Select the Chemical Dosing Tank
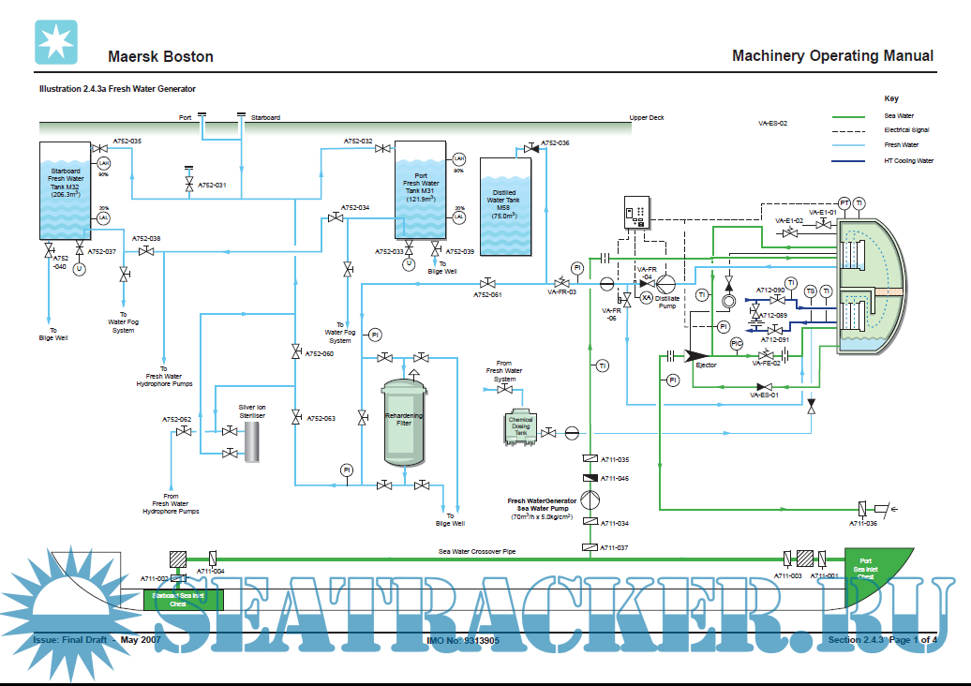point(521,426)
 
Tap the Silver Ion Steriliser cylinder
point(251,441)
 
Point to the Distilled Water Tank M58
point(505,205)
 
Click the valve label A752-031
point(212,186)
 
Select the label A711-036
point(862,523)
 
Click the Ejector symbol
point(698,355)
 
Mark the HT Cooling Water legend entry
point(908,161)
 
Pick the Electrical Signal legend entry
point(907,130)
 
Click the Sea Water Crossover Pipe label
point(477,552)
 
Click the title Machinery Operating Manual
point(832,56)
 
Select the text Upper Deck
point(647,118)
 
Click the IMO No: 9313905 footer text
point(462,641)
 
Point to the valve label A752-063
point(321,418)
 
